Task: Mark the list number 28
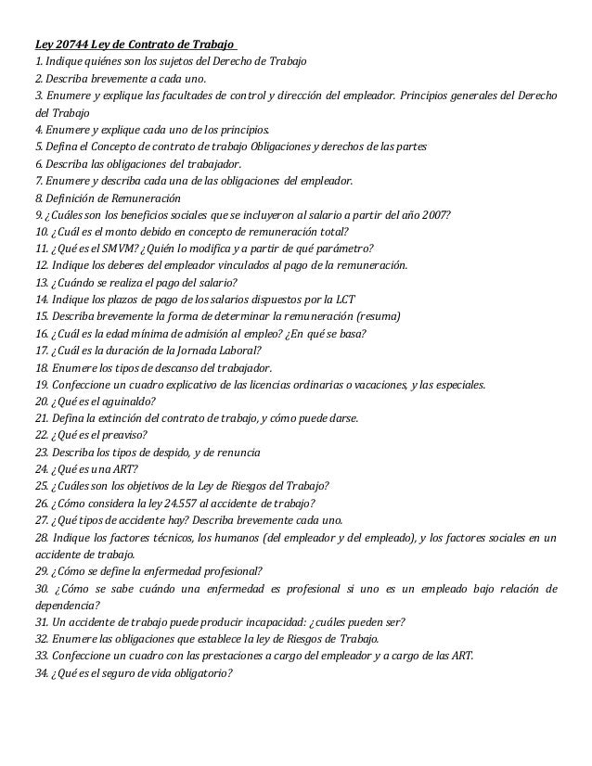43,538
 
